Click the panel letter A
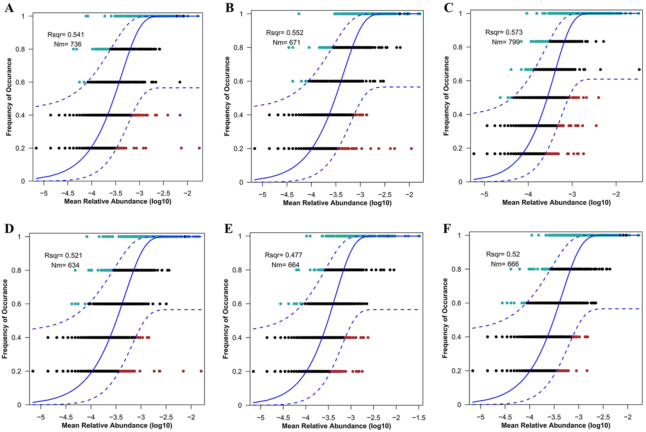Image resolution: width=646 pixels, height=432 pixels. (x=9, y=8)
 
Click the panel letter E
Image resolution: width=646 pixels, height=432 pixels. (x=229, y=229)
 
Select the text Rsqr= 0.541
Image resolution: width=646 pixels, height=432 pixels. (x=66, y=35)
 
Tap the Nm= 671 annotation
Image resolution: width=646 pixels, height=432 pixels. (x=287, y=43)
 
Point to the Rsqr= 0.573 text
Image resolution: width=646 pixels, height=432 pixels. (x=504, y=32)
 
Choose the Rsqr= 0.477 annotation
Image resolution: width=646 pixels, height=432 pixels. (x=284, y=255)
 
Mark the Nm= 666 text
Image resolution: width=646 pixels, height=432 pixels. (x=505, y=264)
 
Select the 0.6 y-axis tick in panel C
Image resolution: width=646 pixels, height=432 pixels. (x=458, y=81)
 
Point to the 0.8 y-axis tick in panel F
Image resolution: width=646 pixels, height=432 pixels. (x=456, y=269)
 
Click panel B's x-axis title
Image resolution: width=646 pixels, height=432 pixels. (x=337, y=203)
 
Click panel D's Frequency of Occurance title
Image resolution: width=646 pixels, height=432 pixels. (x=5, y=319)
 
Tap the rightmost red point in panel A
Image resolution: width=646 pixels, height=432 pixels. (x=199, y=148)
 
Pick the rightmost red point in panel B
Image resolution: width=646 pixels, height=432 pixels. (x=412, y=149)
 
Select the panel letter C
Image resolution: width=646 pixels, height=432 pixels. (x=448, y=8)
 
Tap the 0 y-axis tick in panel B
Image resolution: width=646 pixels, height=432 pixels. (x=241, y=182)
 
